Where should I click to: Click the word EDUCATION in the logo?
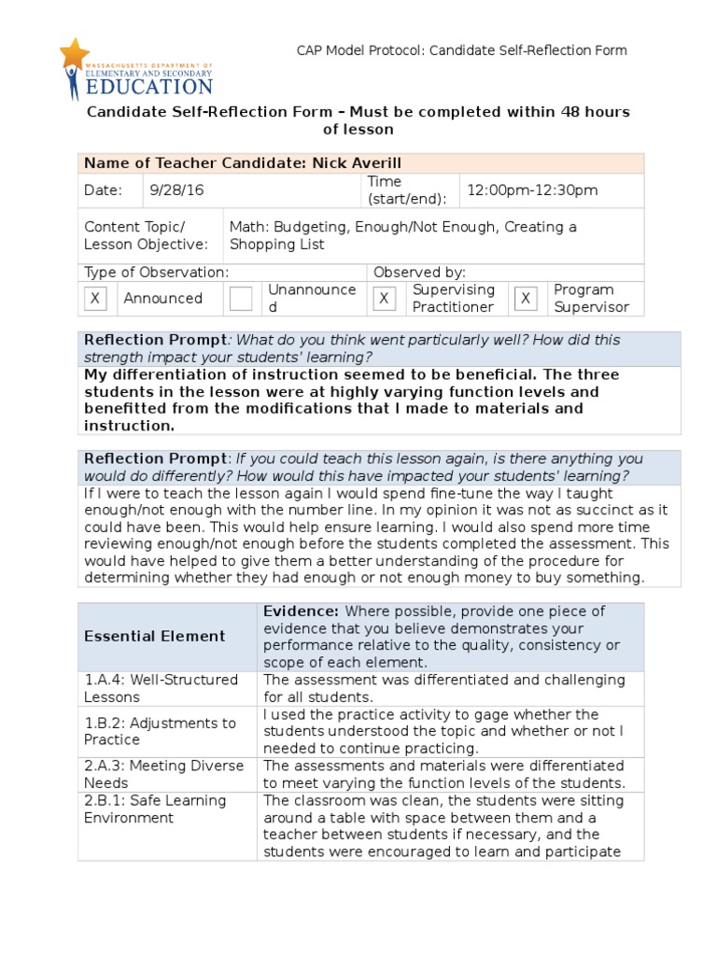click(148, 87)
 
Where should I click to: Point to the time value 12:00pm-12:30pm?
click(531, 190)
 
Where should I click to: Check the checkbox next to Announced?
click(95, 299)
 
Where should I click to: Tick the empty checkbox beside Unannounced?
click(241, 299)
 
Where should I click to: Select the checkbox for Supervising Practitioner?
click(384, 299)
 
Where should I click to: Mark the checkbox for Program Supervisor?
click(526, 299)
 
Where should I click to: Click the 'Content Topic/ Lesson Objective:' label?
click(146, 236)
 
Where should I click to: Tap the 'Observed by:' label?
click(419, 273)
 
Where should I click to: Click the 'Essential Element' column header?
click(155, 637)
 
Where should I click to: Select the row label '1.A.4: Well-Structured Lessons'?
click(161, 688)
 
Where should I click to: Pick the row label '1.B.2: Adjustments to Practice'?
click(160, 731)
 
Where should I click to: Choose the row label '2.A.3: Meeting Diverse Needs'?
click(163, 774)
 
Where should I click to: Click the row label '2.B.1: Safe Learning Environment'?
click(155, 809)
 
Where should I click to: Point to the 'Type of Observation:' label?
click(156, 273)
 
